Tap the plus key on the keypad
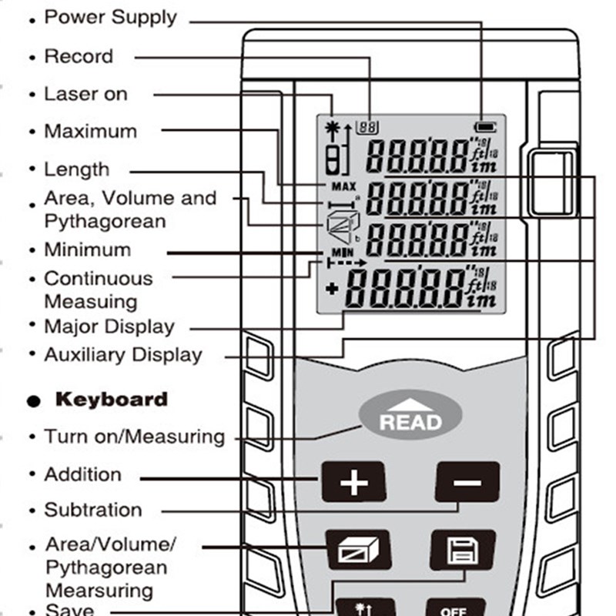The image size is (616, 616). (x=354, y=484)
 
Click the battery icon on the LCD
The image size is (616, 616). (x=485, y=126)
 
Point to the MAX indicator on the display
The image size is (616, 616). (x=343, y=186)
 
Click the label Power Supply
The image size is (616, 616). (x=110, y=17)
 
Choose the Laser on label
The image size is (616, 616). (x=85, y=94)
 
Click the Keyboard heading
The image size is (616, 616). (x=111, y=399)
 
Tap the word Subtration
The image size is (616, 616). (x=93, y=510)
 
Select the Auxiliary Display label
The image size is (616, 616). (x=123, y=355)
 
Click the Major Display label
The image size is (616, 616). (x=109, y=326)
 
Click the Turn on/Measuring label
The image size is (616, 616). (x=134, y=437)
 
